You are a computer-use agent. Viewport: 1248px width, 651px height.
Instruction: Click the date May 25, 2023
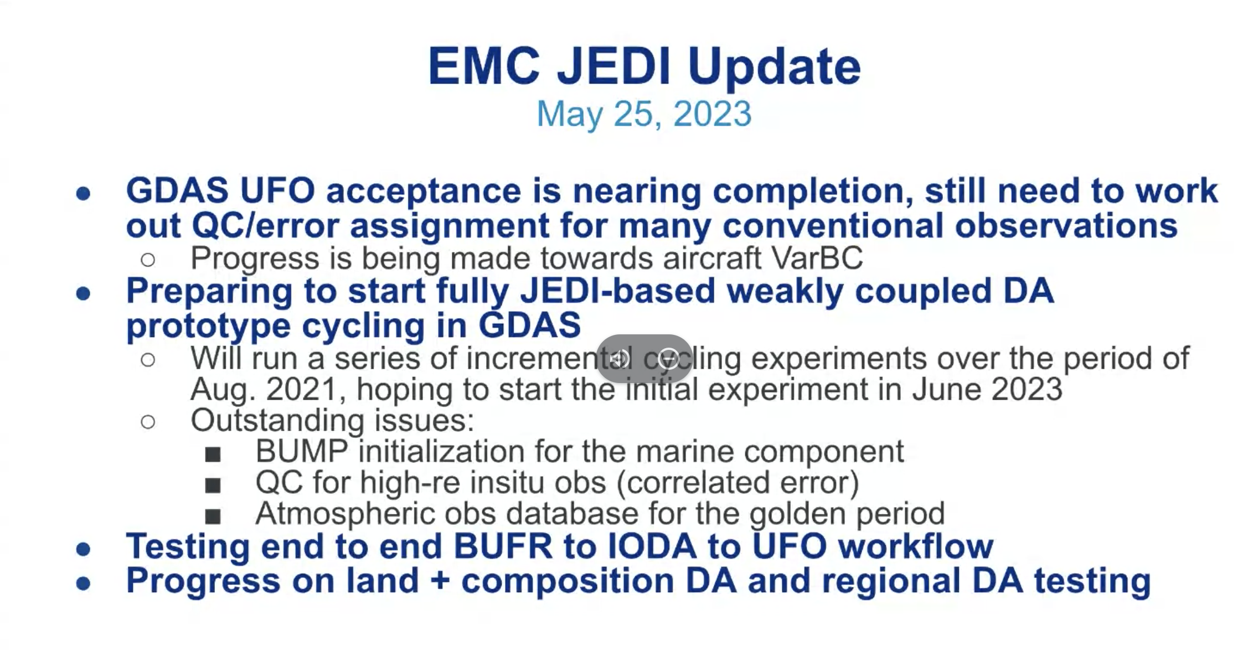644,114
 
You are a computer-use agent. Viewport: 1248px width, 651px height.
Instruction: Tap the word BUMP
301,451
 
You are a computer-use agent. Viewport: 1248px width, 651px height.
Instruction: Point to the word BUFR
503,546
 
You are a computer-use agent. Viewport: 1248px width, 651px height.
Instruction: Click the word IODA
652,546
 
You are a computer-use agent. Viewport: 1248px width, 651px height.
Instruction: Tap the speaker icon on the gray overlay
619,359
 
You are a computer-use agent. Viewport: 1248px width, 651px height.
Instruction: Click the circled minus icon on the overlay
668,359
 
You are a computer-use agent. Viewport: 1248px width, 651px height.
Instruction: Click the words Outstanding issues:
332,420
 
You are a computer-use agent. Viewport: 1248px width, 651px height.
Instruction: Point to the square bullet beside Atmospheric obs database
213,516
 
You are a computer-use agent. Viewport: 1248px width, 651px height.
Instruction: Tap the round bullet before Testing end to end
83,549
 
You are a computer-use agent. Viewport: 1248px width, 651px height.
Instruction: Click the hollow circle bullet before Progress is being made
148,260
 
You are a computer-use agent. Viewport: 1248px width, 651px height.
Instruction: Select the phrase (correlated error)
738,483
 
